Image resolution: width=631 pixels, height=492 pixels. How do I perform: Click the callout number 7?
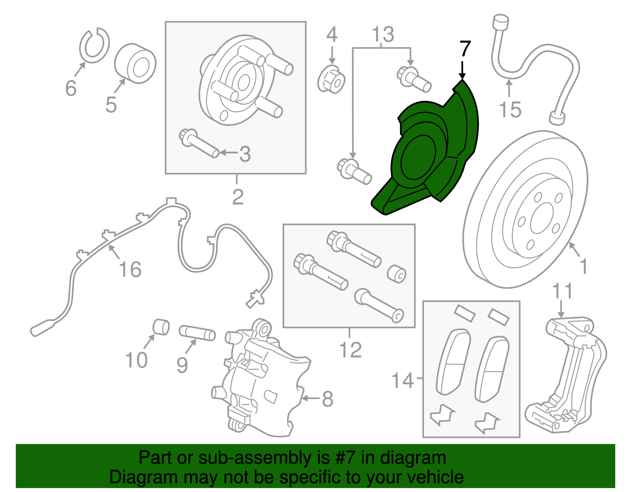pyautogui.click(x=465, y=49)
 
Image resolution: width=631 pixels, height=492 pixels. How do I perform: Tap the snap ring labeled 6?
pyautogui.click(x=94, y=46)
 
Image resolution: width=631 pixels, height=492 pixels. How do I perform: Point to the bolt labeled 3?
pyautogui.click(x=199, y=143)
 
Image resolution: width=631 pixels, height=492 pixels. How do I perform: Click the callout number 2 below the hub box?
pyautogui.click(x=237, y=197)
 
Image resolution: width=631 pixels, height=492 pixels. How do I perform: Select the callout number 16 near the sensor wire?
pyautogui.click(x=130, y=269)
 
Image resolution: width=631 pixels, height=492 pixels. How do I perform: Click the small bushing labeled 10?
pyautogui.click(x=161, y=327)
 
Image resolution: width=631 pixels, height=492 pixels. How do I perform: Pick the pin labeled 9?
pyautogui.click(x=197, y=333)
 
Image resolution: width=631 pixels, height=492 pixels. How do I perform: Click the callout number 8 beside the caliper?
pyautogui.click(x=327, y=399)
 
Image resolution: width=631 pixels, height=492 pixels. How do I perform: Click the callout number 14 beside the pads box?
pyautogui.click(x=402, y=381)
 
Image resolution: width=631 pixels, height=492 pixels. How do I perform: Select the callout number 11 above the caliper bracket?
pyautogui.click(x=562, y=291)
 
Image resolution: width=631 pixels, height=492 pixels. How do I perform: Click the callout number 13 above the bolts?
pyautogui.click(x=383, y=35)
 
